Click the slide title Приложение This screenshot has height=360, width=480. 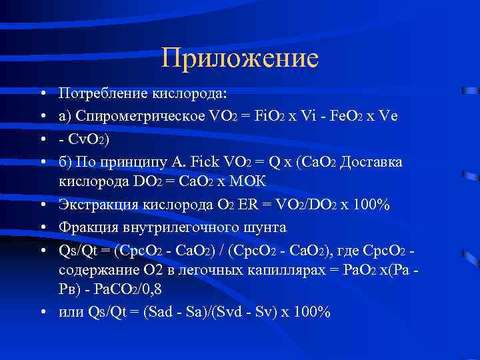[240, 59]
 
